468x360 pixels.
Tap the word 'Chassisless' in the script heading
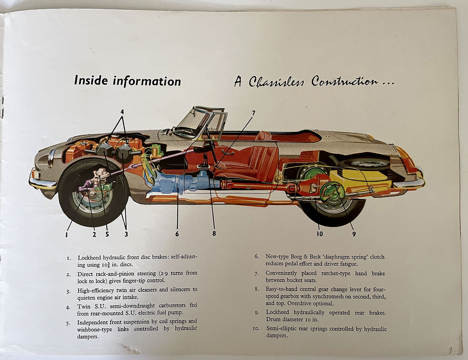tap(276, 82)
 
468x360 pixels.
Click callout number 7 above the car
tap(254, 113)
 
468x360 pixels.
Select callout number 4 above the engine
tap(122, 111)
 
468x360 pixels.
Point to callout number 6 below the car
tap(177, 234)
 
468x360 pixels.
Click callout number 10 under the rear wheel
tap(320, 234)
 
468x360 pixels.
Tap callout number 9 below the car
tap(354, 234)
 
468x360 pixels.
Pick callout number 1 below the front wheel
tap(66, 234)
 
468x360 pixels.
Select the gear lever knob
tap(205, 155)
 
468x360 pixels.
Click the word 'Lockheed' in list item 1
tap(89, 257)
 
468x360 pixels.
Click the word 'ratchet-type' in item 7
tap(336, 273)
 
